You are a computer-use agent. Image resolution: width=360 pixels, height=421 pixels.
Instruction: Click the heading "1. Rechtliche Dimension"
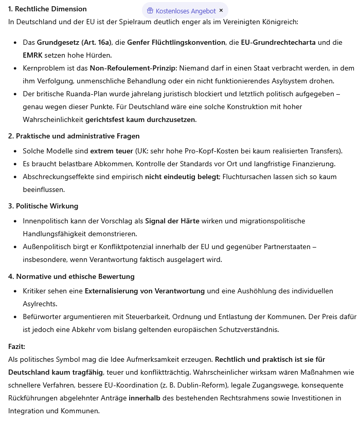47,9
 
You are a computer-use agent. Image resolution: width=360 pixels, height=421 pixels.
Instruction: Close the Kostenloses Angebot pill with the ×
221,10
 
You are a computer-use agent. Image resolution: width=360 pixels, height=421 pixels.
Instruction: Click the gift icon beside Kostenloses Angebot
150,10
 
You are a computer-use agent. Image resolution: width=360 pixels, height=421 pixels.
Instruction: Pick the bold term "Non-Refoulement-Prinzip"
130,68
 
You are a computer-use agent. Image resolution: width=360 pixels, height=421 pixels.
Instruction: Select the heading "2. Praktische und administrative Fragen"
74,136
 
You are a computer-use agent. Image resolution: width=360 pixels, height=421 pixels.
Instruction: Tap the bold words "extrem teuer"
112,151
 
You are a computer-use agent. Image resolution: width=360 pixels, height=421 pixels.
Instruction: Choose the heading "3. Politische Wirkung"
43,206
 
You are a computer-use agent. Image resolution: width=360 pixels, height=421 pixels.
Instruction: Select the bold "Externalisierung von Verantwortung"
145,291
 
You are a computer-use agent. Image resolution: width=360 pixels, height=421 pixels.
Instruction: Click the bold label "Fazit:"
17,346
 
